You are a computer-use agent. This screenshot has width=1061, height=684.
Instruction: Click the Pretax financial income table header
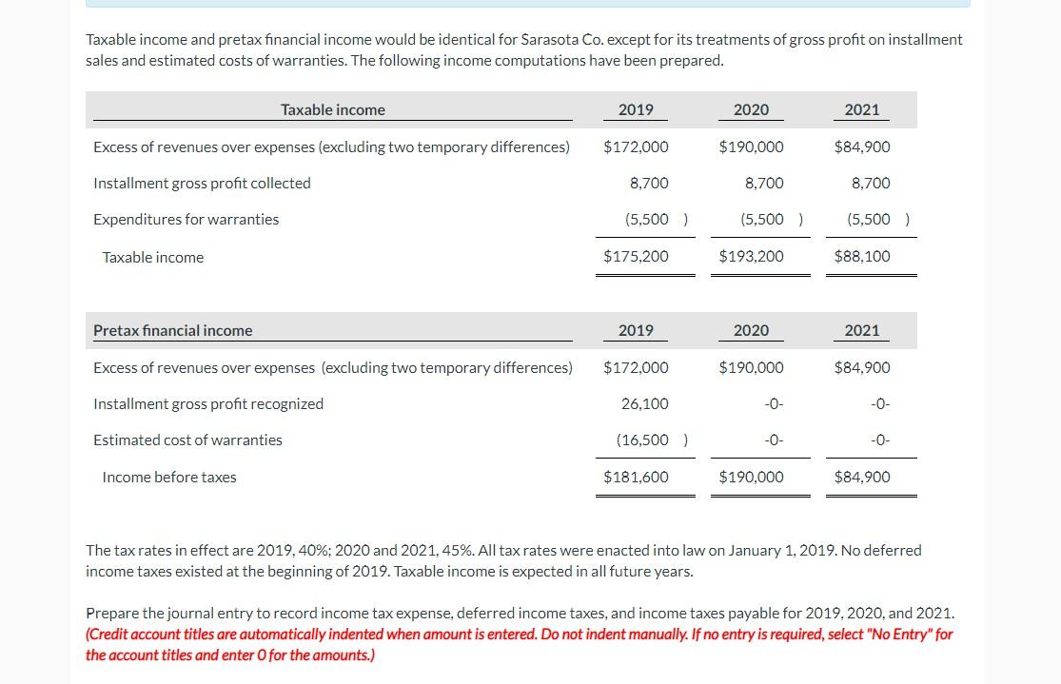point(173,330)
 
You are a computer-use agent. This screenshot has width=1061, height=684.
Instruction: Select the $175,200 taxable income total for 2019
point(636,257)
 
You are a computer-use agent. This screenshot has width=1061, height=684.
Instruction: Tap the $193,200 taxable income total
point(751,257)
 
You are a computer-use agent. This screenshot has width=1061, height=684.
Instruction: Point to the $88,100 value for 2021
point(862,257)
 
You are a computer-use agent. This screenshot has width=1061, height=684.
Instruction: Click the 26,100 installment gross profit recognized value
point(644,403)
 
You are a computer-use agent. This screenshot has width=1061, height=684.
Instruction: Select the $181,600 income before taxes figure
point(636,477)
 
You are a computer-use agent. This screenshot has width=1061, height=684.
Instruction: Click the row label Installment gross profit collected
point(202,183)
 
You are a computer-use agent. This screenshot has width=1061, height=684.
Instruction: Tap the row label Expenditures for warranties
point(187,219)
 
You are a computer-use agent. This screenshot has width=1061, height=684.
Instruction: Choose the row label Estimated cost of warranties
point(187,440)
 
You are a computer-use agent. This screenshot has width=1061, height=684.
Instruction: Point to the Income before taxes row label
point(169,477)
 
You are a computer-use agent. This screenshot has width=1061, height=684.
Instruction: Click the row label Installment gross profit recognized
point(208,403)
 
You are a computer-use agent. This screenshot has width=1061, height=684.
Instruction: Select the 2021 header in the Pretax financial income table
point(862,330)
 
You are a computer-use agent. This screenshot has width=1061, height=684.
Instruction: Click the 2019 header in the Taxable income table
point(636,109)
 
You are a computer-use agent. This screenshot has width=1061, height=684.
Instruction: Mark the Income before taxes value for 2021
point(862,477)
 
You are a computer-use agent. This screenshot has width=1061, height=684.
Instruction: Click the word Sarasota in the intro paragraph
point(552,40)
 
